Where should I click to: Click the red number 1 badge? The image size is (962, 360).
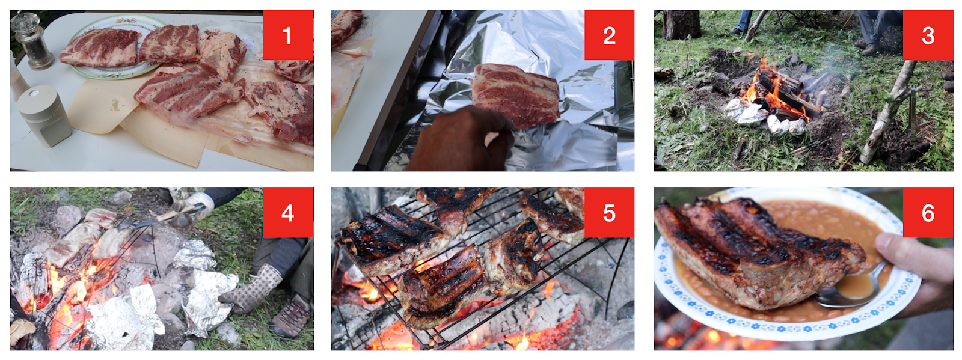click(x=288, y=35)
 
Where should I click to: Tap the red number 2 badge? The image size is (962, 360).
click(x=609, y=35)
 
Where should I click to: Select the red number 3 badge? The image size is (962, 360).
click(x=928, y=35)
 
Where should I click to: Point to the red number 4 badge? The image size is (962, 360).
click(x=288, y=212)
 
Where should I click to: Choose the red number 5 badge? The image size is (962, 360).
click(x=609, y=212)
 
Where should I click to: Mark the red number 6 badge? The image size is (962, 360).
click(x=928, y=212)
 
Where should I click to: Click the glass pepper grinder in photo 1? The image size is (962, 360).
click(x=32, y=41)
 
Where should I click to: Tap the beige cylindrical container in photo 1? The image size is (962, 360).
click(x=44, y=115)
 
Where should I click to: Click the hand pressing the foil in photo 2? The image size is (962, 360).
click(x=462, y=139)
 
